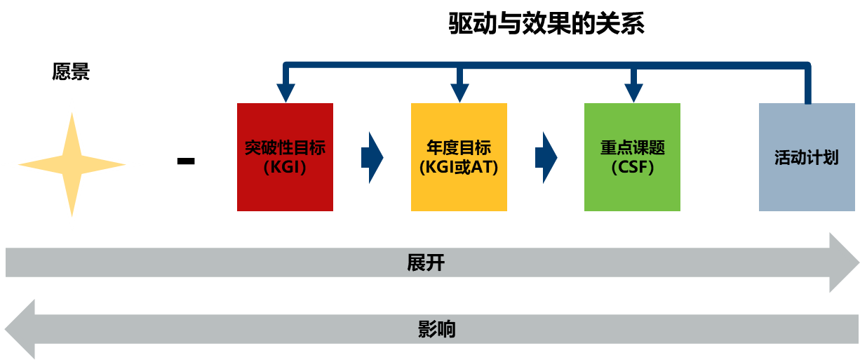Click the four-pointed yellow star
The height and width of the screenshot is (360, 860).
[72, 165]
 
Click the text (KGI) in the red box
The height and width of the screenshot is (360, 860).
[285, 168]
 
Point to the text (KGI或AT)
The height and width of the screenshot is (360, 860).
[459, 168]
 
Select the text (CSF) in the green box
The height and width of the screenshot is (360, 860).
[632, 168]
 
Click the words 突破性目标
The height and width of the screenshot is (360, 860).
[285, 148]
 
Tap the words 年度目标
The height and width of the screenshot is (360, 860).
[459, 148]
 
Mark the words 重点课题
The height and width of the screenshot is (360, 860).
[632, 148]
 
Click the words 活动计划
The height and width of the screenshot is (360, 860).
[807, 157]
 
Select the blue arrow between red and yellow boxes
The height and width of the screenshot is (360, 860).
[372, 157]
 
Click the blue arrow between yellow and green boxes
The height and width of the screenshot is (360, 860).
[546, 157]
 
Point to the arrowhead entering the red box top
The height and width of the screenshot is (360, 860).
[285, 93]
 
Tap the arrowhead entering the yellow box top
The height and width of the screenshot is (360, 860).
[459, 93]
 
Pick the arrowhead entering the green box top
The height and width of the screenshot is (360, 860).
[633, 93]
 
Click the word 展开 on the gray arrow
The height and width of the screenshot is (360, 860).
[426, 262]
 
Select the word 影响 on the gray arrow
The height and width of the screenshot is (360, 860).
[436, 329]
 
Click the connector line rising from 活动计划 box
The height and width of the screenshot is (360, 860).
[807, 84]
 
